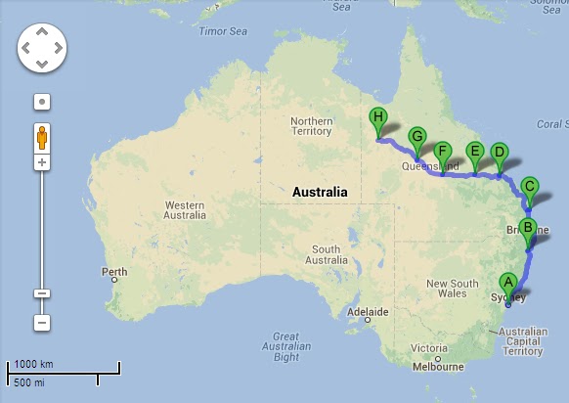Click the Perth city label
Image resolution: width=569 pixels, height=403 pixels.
click(x=114, y=272)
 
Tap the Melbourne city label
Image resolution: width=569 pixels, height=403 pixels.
click(x=437, y=368)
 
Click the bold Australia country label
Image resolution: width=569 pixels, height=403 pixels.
click(x=320, y=193)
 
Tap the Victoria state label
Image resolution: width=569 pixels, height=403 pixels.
click(x=430, y=348)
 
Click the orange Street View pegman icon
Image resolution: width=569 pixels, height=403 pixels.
click(x=42, y=137)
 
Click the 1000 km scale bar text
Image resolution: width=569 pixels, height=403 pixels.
click(x=33, y=364)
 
